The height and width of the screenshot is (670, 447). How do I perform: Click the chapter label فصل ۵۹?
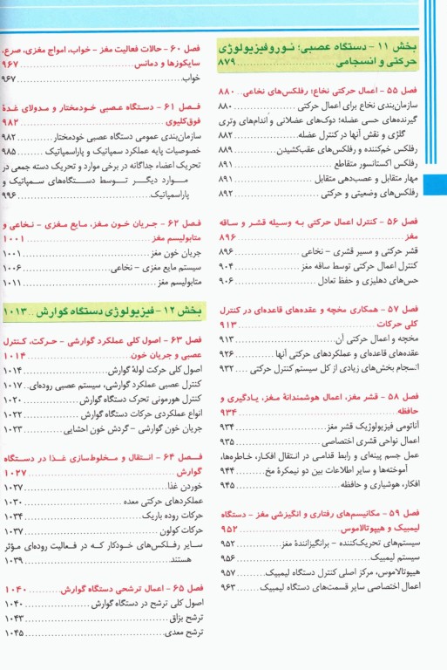click(x=400, y=513)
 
